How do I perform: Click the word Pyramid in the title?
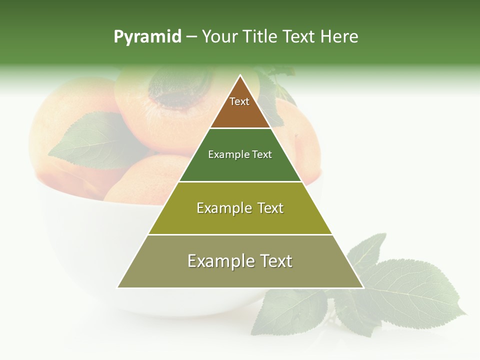point(147,37)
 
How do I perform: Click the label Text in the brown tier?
point(239,101)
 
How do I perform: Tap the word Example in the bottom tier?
point(217,261)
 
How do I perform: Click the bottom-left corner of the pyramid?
point(118,287)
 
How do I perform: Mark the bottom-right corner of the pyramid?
point(363,287)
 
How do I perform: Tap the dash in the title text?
point(191,37)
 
